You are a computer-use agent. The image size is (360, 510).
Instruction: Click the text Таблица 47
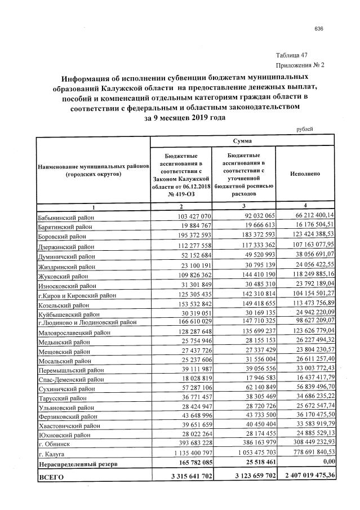coord(292,55)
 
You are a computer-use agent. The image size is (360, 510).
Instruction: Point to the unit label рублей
coord(305,129)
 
